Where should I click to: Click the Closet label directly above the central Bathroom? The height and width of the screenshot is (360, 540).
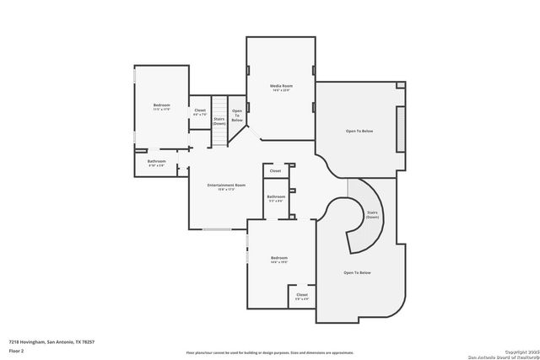(x=275, y=171)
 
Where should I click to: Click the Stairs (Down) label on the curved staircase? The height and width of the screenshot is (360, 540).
(x=372, y=215)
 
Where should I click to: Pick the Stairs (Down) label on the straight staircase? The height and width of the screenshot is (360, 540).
(x=219, y=121)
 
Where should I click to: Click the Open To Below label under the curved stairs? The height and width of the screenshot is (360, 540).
(x=358, y=273)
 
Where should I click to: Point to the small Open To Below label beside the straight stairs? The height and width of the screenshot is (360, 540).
(x=237, y=116)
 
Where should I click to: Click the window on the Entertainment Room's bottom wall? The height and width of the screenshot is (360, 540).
(x=217, y=229)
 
